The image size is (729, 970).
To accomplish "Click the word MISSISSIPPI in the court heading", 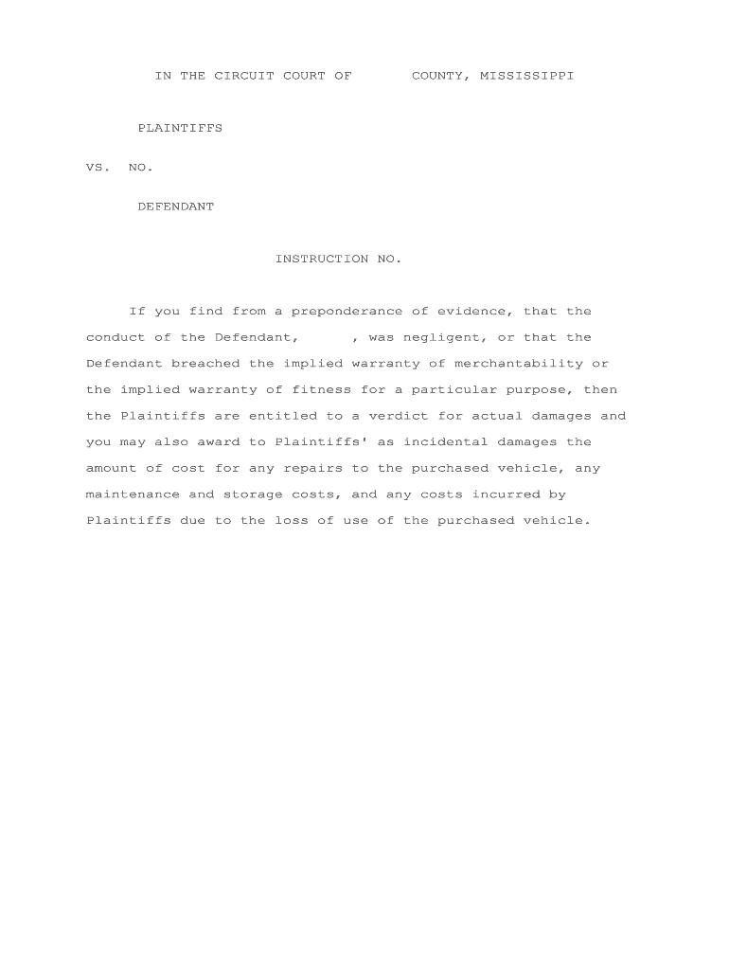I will [526, 76].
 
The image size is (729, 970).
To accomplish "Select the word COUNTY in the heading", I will [440, 76].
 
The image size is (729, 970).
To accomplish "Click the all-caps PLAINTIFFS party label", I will [180, 128].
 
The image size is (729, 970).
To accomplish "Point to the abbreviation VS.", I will [98, 168].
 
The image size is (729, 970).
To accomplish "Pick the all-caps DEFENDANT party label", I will [176, 207].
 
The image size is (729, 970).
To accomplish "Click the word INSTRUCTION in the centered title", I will [322, 259].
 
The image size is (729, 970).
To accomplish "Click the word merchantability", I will [519, 364].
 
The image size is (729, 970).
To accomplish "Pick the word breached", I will [205, 364].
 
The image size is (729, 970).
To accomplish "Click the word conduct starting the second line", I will [116, 337].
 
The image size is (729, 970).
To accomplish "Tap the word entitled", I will [283, 416].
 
